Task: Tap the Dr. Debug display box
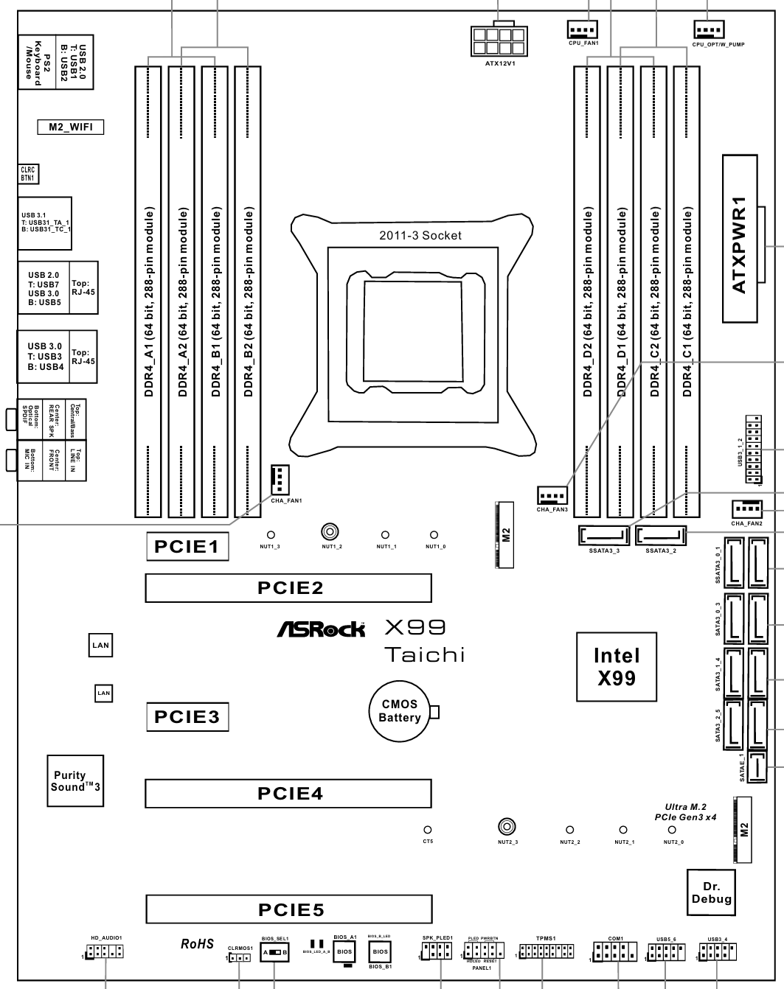point(711,893)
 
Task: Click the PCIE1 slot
point(187,547)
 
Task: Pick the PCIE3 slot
point(187,716)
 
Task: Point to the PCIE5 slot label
point(291,909)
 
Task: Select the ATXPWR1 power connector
point(740,238)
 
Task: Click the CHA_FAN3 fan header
point(552,495)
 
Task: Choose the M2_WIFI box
point(71,127)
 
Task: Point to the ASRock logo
point(321,629)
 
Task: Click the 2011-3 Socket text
point(420,236)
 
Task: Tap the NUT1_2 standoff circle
point(329,531)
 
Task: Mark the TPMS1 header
point(542,953)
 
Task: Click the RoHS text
point(197,944)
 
